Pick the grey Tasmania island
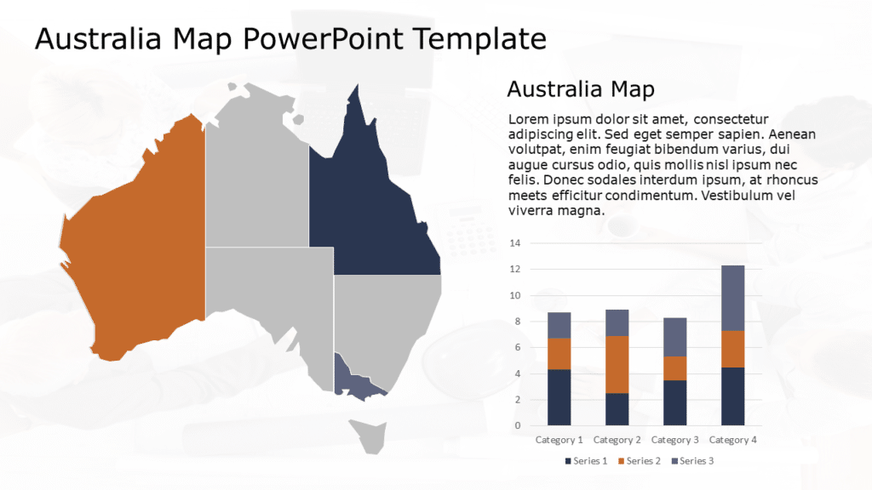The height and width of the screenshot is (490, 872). point(371,436)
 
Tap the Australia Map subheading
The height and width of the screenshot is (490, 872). point(580,89)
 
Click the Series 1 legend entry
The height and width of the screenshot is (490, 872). point(587,461)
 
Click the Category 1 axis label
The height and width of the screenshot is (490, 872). point(559,440)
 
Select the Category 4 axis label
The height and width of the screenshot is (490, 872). point(733,440)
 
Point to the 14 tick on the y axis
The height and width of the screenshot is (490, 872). point(514,243)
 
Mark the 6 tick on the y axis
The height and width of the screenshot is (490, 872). point(516,348)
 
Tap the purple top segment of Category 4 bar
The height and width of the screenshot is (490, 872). point(733,298)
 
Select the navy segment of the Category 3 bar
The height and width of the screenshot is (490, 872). point(675,402)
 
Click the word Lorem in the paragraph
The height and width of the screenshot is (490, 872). point(527,119)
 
